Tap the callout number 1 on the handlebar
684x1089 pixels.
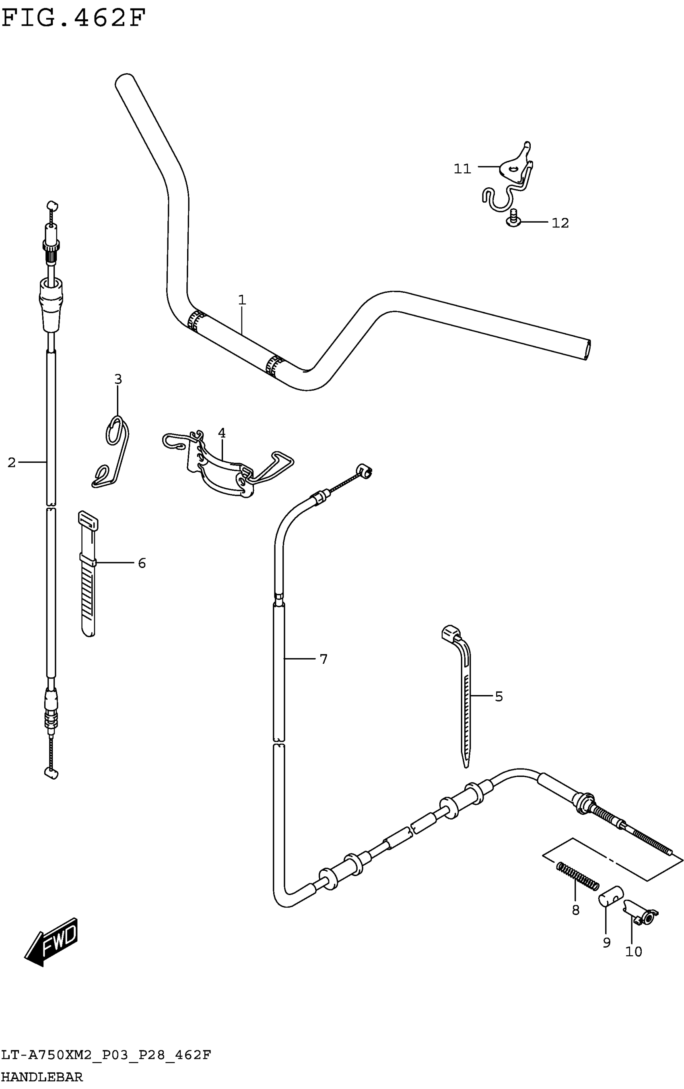pyautogui.click(x=242, y=300)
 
